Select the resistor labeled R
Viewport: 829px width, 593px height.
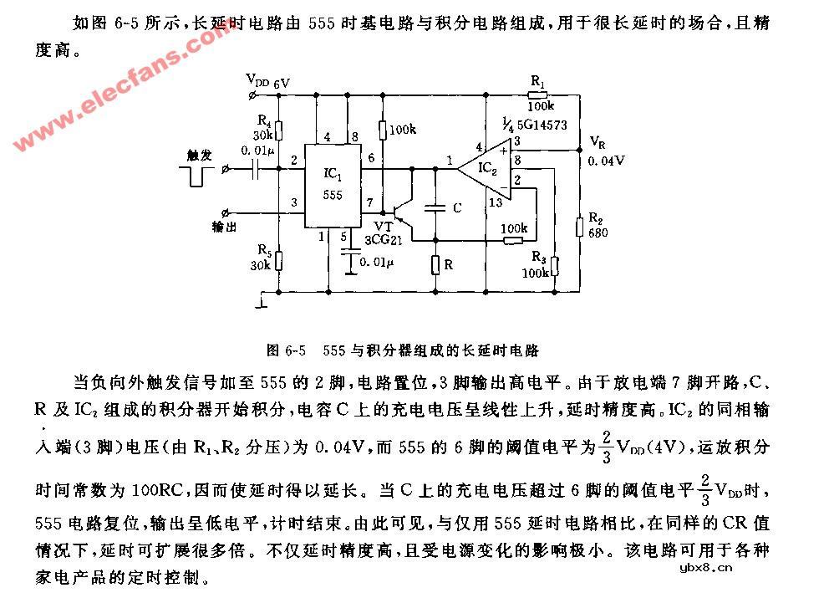(x=435, y=265)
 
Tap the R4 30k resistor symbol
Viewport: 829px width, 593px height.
(x=279, y=131)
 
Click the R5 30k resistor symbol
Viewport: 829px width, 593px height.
(x=279, y=261)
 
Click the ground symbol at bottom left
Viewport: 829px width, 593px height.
(x=263, y=300)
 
